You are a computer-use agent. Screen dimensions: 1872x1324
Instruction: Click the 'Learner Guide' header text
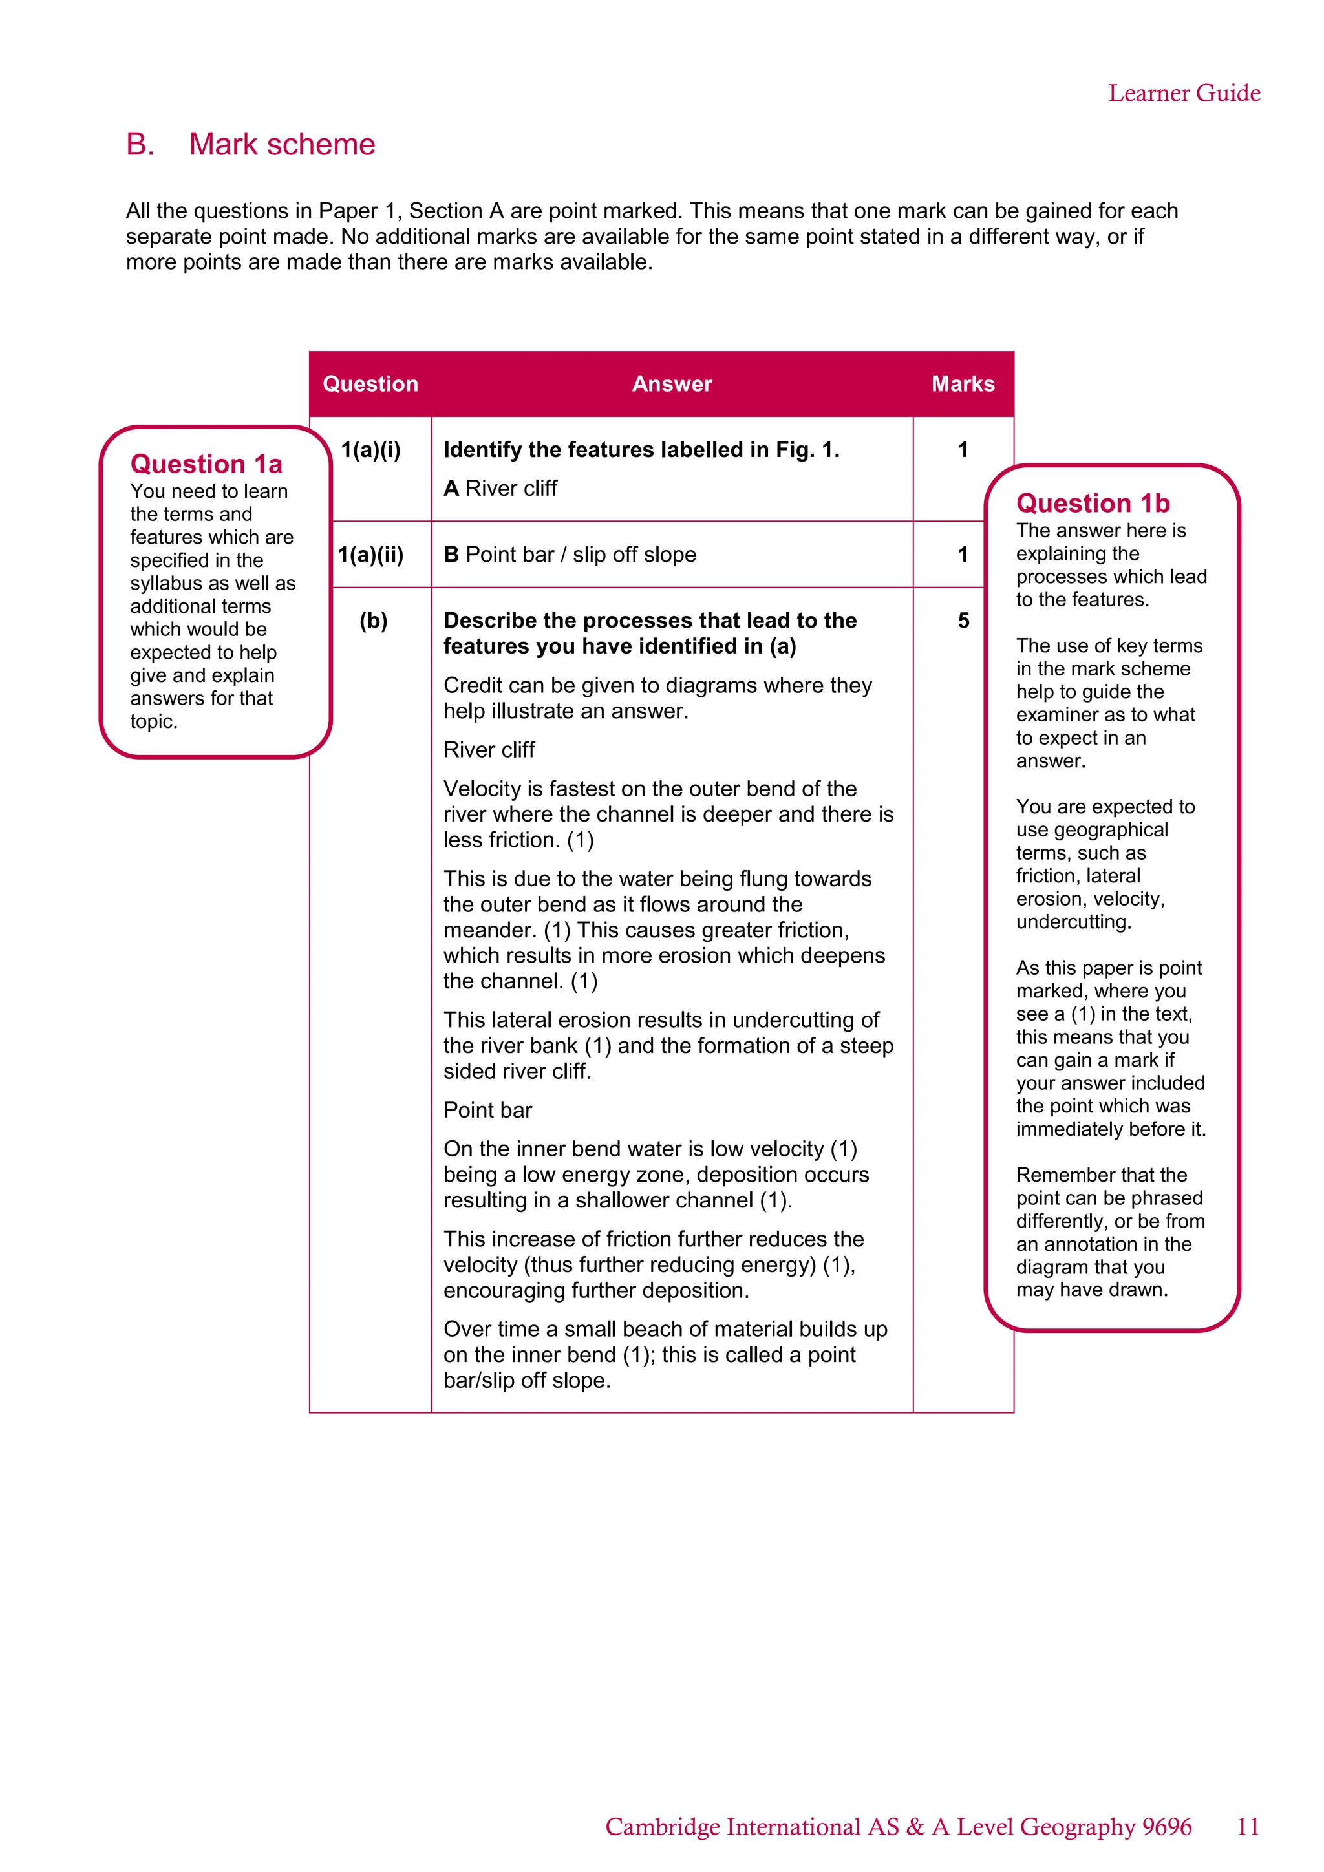click(x=1183, y=93)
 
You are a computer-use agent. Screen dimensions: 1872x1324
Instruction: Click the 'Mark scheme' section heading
click(x=281, y=144)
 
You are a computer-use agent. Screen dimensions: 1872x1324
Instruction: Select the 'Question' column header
click(x=370, y=384)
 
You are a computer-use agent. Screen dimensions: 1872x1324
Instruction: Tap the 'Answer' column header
click(x=672, y=384)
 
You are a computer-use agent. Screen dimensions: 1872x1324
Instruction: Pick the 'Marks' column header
click(x=963, y=384)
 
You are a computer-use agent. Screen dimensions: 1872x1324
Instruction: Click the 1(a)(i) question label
click(x=370, y=449)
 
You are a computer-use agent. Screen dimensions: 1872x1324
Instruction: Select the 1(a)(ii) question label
click(x=370, y=555)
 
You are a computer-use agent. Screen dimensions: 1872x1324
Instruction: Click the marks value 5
click(x=963, y=621)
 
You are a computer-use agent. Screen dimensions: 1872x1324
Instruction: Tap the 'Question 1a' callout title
click(x=206, y=464)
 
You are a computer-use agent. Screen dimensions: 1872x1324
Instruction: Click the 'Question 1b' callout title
click(x=1093, y=503)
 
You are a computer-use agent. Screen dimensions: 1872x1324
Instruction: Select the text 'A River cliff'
click(x=500, y=489)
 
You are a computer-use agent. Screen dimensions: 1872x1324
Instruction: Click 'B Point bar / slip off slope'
click(x=569, y=555)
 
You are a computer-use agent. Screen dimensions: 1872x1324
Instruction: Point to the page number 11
click(x=1247, y=1826)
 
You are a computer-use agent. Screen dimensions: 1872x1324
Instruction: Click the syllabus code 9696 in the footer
click(x=1167, y=1826)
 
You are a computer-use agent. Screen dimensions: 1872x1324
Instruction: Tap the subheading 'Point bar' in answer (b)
click(x=487, y=1110)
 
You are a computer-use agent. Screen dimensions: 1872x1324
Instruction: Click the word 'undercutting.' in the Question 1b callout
click(x=1073, y=922)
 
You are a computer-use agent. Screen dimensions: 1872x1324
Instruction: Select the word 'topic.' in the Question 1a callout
click(x=153, y=721)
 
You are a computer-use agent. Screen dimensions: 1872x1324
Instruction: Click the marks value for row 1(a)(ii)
click(x=963, y=555)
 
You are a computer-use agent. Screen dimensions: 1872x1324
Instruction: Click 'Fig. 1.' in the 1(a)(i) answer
click(x=808, y=449)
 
